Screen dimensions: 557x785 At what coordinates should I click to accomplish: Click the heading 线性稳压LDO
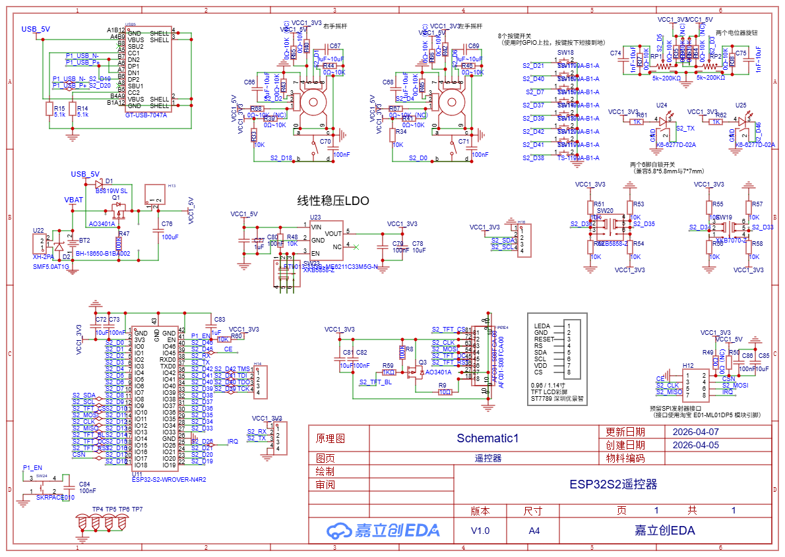coord(333,200)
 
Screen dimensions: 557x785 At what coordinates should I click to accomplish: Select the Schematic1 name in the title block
coord(487,438)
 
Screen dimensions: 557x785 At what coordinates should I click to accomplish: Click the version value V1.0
coord(480,531)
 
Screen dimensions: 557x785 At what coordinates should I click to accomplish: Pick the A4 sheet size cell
coord(533,531)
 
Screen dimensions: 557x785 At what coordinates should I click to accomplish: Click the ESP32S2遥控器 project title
coord(613,484)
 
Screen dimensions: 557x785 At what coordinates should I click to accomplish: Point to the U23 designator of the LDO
coord(315,217)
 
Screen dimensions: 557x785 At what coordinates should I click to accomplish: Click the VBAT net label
coord(74,199)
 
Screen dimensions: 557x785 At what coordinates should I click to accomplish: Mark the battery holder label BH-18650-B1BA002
coord(103,253)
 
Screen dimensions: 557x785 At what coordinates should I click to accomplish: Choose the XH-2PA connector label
coord(43,257)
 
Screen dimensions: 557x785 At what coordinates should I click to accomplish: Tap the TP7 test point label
coord(137,510)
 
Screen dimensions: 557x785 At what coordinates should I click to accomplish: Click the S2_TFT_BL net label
coord(375,382)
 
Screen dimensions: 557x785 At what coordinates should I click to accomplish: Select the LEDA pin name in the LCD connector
coord(542,326)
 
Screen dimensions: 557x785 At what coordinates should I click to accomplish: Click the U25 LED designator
coord(741,105)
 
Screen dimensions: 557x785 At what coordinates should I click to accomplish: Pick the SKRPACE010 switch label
coord(55,498)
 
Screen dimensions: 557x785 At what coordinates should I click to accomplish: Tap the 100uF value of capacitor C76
coord(170,237)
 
